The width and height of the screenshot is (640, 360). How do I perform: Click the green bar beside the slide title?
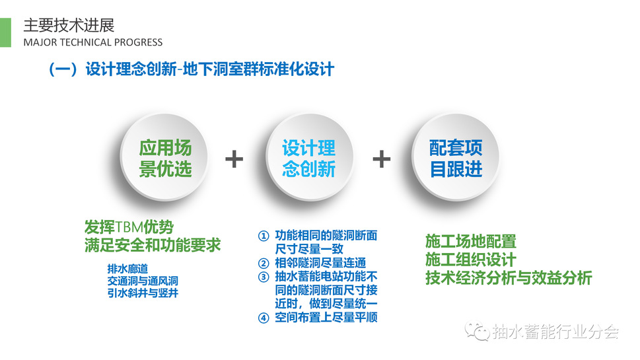5,32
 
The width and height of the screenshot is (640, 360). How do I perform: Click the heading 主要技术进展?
69,25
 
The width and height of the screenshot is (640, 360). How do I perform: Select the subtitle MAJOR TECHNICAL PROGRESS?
93,42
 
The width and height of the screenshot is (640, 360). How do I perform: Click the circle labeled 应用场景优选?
164,157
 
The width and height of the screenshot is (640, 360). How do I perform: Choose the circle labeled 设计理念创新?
309,157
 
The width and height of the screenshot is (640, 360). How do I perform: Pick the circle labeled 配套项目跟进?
456,157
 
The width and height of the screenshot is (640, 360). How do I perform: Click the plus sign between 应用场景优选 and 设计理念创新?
234,159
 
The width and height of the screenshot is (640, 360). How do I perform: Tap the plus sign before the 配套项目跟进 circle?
382,159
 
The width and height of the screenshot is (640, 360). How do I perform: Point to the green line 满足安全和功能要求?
153,245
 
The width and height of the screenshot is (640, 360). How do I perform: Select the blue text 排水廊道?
127,269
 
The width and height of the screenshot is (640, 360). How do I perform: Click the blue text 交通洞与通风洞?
143,281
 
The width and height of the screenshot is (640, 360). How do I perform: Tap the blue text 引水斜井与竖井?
143,293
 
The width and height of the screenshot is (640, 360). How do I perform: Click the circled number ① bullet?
264,236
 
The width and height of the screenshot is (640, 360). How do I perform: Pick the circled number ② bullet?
264,264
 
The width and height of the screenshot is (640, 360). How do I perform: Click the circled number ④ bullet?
264,318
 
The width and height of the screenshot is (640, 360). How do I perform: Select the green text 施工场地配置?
471,241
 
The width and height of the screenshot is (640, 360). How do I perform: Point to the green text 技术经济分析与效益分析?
509,277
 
